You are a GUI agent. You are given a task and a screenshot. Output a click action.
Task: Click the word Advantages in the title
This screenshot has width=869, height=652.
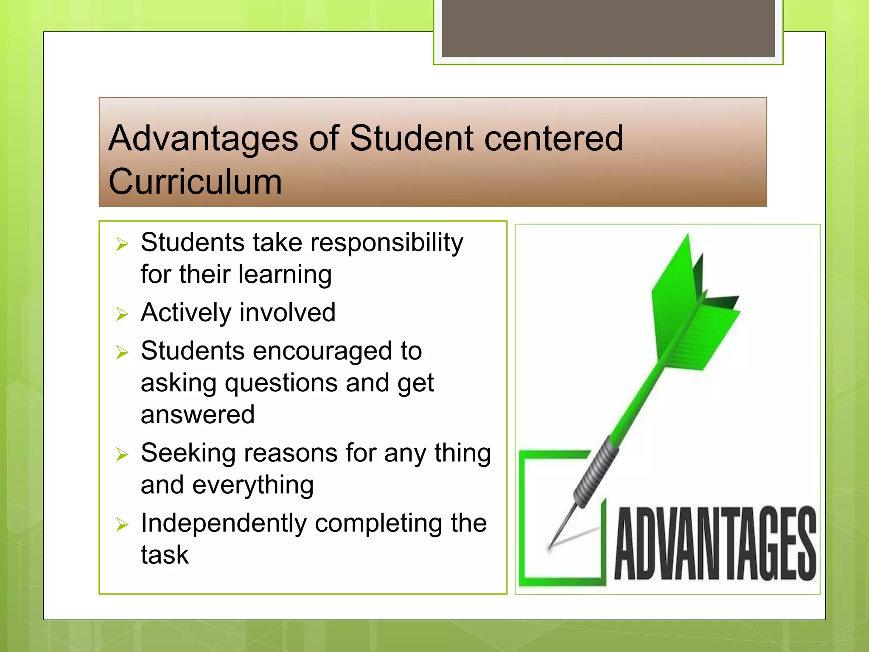click(x=203, y=139)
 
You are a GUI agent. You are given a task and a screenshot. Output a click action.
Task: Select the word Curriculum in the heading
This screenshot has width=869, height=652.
click(x=195, y=182)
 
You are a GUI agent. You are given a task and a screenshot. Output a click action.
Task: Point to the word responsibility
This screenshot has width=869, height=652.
click(x=387, y=243)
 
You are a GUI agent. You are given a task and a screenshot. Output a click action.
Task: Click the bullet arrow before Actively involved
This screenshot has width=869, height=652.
click(x=122, y=314)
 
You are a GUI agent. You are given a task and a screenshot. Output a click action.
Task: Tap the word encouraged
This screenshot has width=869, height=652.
click(x=322, y=351)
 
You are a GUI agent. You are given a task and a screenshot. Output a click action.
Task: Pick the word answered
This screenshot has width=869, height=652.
click(x=198, y=415)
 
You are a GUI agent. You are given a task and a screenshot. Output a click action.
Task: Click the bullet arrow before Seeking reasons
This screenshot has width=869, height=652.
click(x=122, y=455)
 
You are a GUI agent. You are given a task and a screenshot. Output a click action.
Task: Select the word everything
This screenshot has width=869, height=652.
click(x=253, y=485)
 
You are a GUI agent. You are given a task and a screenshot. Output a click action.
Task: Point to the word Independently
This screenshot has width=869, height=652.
click(x=224, y=523)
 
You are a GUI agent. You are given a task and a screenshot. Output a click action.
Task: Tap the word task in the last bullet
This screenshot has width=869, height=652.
click(x=165, y=554)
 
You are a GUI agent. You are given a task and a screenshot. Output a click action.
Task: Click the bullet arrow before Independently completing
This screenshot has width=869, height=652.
click(x=122, y=525)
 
